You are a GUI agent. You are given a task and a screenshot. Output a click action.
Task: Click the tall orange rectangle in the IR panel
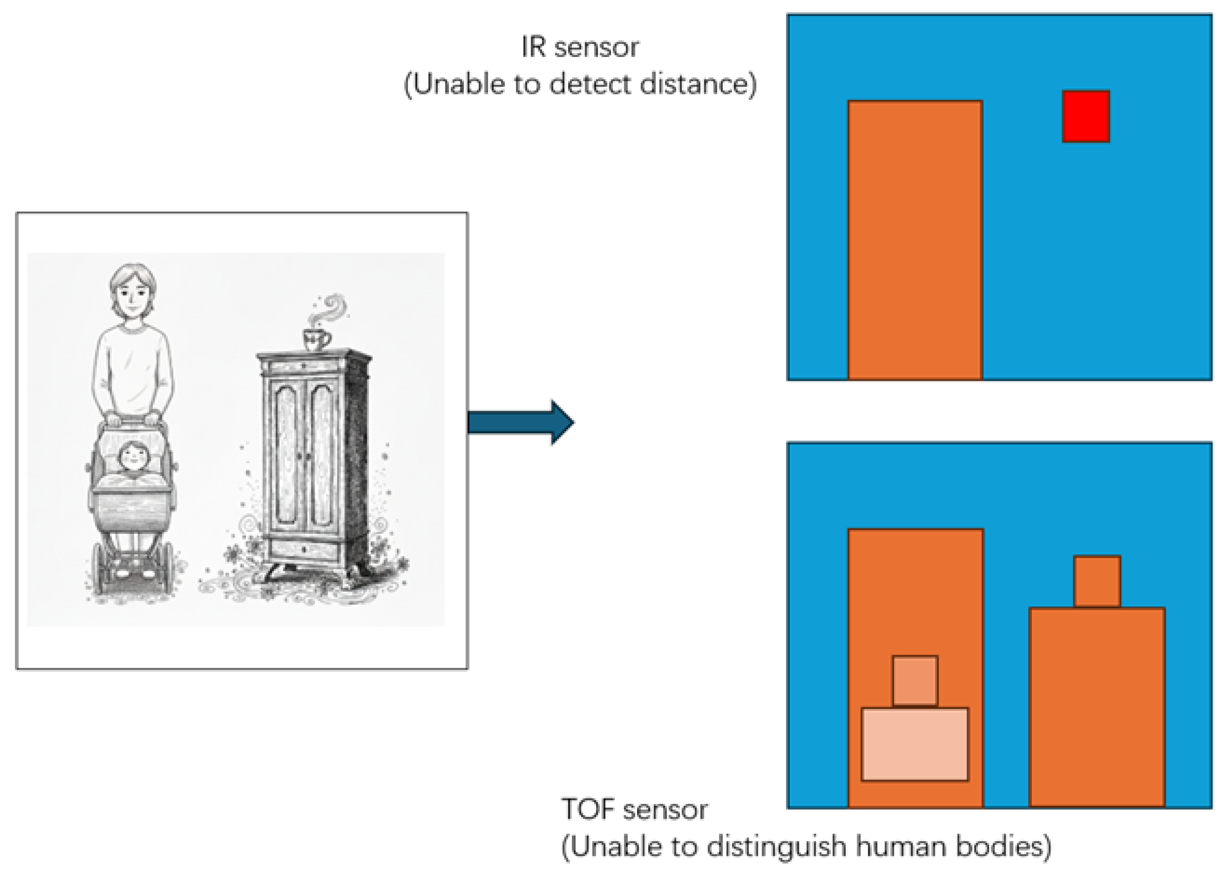[915, 240]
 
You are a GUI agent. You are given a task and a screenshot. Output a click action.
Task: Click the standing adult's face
[133, 293]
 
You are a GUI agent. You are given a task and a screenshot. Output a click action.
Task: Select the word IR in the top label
[533, 47]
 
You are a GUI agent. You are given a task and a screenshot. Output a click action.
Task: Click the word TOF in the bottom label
[590, 810]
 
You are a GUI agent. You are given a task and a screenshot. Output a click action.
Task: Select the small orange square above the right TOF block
[1097, 582]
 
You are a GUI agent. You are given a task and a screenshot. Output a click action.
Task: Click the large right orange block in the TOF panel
[1097, 707]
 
